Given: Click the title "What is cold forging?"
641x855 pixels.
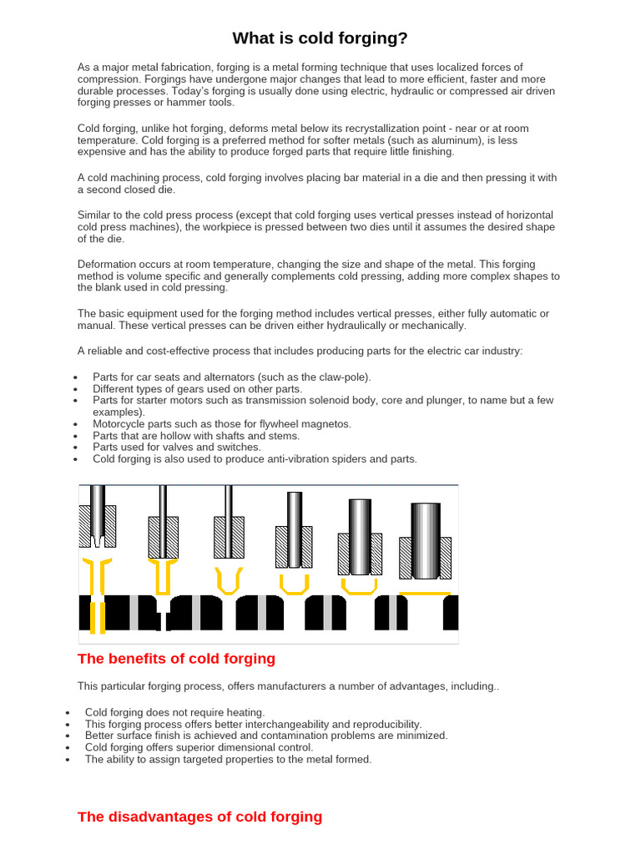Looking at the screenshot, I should click(x=320, y=38).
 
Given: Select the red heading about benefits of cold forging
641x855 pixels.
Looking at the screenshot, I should click(x=176, y=659).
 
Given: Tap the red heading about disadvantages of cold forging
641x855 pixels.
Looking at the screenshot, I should click(x=199, y=817).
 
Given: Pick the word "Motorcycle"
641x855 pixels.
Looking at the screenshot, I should click(x=122, y=424).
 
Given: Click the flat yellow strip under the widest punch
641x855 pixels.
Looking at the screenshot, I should click(x=425, y=594).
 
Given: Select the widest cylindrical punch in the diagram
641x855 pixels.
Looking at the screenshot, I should click(x=425, y=540).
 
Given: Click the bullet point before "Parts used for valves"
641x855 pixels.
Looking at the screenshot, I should click(x=75, y=448).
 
